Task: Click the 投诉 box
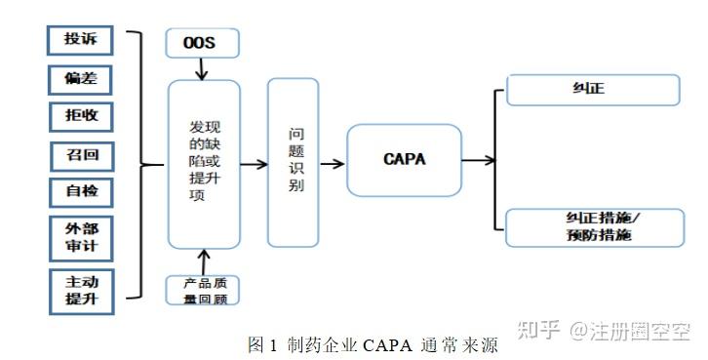point(80,40)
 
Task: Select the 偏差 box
point(80,78)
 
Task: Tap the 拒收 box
point(80,116)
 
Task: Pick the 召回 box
point(80,154)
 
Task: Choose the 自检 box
point(80,190)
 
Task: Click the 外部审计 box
point(80,236)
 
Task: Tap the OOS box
point(202,42)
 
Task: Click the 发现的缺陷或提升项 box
point(204,164)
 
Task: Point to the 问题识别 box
point(293,162)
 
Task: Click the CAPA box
point(404,160)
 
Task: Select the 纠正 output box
point(592,91)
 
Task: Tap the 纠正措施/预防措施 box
point(592,227)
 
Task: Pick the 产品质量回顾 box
point(203,290)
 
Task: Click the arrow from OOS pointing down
point(202,68)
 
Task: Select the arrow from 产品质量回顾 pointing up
point(203,261)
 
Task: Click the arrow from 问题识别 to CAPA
point(333,163)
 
